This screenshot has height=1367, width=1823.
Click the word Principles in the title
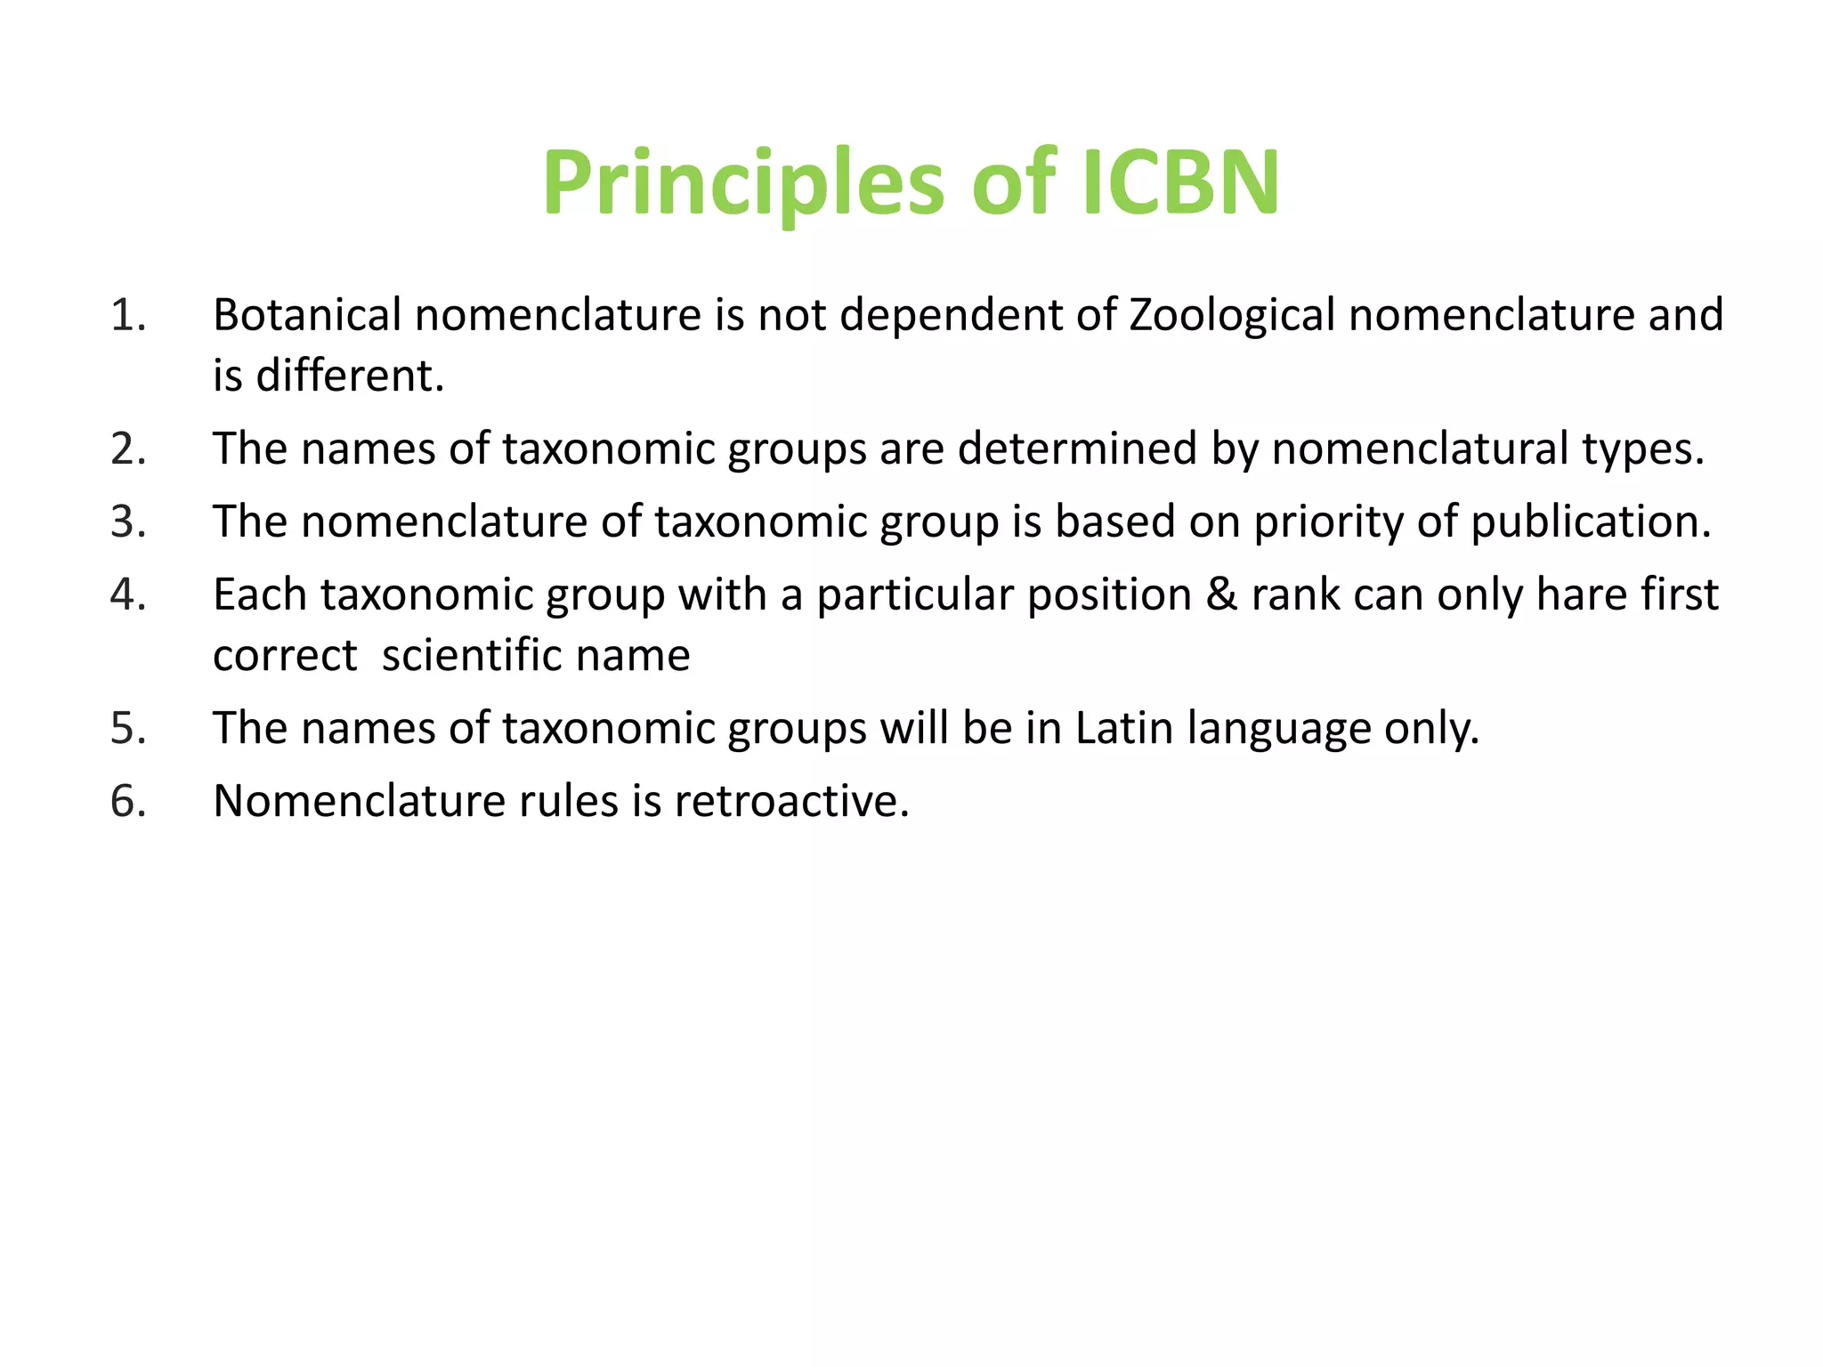click(743, 183)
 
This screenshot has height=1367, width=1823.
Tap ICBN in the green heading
click(1180, 183)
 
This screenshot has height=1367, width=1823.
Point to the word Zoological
click(1232, 315)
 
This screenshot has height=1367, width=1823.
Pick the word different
click(350, 376)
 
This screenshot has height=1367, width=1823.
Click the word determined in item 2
click(1077, 449)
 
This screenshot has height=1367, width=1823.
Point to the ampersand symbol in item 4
click(1221, 595)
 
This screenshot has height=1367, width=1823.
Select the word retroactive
click(791, 801)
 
